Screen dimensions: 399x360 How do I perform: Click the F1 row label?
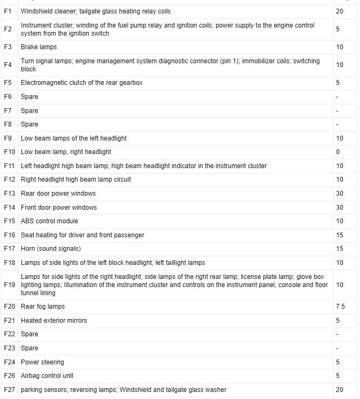point(8,11)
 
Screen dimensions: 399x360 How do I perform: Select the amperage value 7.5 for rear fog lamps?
point(340,307)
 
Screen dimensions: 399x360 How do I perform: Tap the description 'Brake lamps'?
point(38,48)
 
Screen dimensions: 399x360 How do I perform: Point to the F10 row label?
point(9,152)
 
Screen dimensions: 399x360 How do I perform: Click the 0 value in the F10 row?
point(338,152)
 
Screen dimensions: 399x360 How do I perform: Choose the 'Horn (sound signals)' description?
point(51,249)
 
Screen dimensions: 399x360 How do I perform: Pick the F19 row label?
point(9,285)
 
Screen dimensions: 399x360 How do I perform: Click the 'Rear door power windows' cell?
point(58,194)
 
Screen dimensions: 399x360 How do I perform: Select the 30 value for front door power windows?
point(339,208)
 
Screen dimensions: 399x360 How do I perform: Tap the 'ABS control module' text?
point(49,221)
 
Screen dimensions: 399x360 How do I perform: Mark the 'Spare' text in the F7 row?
point(29,111)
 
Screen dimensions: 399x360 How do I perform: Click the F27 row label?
point(9,390)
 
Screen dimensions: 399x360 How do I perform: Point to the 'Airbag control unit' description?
point(47,376)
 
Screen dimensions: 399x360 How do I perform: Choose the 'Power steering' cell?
point(42,362)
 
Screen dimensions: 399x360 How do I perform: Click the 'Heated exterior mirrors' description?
point(54,321)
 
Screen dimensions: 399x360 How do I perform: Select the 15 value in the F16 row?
point(339,235)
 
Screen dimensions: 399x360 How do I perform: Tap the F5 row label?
point(8,83)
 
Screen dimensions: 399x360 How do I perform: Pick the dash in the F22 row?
point(337,334)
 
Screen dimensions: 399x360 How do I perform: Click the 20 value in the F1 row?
point(339,11)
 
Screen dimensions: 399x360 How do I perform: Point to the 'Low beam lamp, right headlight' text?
point(66,152)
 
